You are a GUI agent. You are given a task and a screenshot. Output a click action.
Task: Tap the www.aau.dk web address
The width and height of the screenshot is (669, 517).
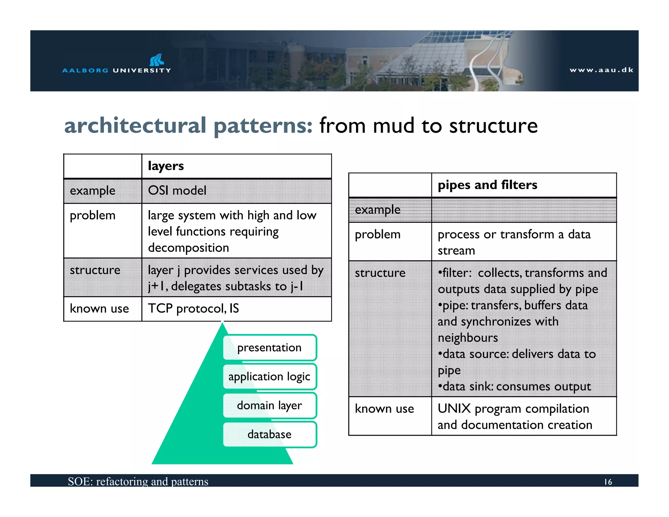pyautogui.click(x=601, y=70)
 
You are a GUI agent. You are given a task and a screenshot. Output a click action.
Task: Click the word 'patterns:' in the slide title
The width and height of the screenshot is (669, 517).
pyautogui.click(x=263, y=126)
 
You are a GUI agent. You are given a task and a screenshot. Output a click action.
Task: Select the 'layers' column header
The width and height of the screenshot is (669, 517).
pyautogui.click(x=166, y=166)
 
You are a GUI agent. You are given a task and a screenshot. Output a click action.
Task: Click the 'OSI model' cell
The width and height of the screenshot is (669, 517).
pyautogui.click(x=177, y=191)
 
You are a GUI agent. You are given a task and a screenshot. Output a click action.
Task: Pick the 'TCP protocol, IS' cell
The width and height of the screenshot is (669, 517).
pyautogui.click(x=193, y=309)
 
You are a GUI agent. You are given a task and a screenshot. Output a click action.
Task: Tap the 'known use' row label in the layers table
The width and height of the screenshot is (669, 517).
pyautogui.click(x=99, y=309)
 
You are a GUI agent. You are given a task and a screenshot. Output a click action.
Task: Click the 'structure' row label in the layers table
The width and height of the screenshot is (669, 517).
pyautogui.click(x=95, y=270)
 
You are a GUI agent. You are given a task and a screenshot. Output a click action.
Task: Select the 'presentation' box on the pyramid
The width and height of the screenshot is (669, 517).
pyautogui.click(x=269, y=347)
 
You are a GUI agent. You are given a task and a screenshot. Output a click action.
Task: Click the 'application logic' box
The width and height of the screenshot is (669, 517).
pyautogui.click(x=269, y=376)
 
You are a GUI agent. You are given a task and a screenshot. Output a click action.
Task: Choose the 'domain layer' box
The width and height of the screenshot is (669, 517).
pyautogui.click(x=269, y=406)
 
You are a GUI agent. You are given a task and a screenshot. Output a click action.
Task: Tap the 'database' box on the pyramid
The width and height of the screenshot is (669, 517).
pyautogui.click(x=269, y=434)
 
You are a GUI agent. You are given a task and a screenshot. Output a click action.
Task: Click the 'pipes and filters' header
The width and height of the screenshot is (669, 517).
pyautogui.click(x=487, y=185)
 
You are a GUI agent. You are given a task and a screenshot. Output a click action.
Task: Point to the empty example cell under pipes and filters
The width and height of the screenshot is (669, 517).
pyautogui.click(x=524, y=210)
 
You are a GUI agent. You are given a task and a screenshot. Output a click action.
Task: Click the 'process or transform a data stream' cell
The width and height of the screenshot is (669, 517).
pyautogui.click(x=514, y=242)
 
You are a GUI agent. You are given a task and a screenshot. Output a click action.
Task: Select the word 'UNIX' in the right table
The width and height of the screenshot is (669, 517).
pyautogui.click(x=454, y=409)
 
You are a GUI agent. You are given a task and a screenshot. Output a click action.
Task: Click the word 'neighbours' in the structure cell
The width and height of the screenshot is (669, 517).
pyautogui.click(x=468, y=338)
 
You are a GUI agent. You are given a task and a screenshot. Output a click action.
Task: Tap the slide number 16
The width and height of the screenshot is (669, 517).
pyautogui.click(x=608, y=482)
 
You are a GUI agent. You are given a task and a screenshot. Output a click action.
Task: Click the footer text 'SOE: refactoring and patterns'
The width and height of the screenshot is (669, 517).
pyautogui.click(x=138, y=481)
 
